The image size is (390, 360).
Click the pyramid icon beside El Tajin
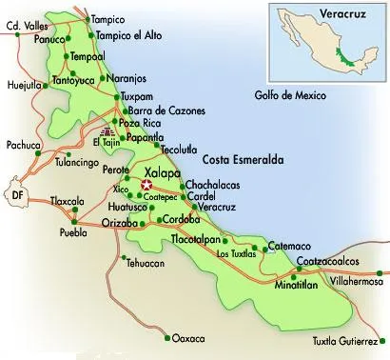pos(105,131)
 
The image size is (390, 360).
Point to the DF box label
pos(16,195)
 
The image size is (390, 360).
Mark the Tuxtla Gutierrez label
pos(349,341)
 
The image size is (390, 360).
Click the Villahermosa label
pos(354,282)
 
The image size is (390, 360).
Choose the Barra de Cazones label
pos(168,110)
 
